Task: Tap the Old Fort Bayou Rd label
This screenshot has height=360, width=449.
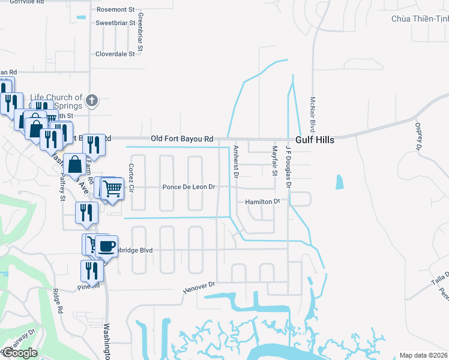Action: [182, 139]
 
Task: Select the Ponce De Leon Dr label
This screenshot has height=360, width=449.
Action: [188, 187]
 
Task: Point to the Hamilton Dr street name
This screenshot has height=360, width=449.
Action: [263, 202]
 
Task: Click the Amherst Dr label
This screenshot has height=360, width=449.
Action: [236, 162]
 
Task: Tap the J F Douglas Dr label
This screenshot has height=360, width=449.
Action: [288, 167]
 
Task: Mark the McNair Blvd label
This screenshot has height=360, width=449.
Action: [313, 116]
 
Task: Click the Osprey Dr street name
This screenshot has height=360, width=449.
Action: [418, 136]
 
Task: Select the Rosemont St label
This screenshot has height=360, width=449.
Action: [115, 10]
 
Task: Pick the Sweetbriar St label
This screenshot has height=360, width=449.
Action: [115, 23]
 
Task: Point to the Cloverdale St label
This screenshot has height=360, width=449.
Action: [115, 53]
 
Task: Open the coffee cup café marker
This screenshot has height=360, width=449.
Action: [107, 246]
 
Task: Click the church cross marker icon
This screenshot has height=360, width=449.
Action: [92, 100]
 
